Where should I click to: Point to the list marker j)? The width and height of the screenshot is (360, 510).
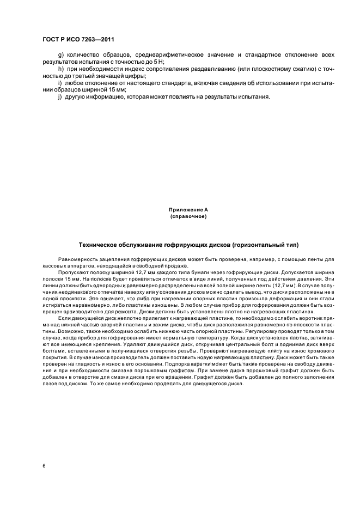pyautogui.click(x=60, y=96)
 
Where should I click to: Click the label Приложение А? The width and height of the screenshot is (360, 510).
pyautogui.click(x=188, y=210)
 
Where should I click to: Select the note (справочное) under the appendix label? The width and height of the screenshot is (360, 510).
pyautogui.click(x=188, y=216)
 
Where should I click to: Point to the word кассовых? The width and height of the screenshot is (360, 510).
pyautogui.click(x=54, y=265)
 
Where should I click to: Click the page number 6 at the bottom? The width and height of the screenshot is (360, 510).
pyautogui.click(x=43, y=465)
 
